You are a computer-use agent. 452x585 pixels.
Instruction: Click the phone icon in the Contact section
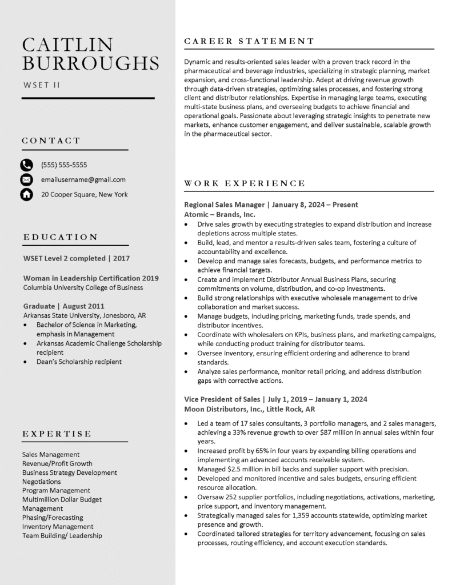coord(26,165)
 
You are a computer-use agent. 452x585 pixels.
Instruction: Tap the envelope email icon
coord(26,180)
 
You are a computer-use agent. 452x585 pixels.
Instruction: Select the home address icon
coord(26,195)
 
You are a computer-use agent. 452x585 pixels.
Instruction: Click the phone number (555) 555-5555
coord(64,165)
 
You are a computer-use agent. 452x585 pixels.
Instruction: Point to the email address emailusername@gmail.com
coord(83,179)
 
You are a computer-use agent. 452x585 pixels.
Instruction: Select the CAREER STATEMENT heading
coord(249,41)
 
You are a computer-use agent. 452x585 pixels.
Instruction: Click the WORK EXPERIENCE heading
coord(245,183)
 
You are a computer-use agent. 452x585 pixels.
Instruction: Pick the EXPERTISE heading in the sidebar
coord(57,434)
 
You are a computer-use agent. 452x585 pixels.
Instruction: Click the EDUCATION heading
coord(61,237)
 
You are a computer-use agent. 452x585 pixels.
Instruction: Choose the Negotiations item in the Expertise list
coord(42,482)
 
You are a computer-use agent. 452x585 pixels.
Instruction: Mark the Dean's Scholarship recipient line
coord(79,362)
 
